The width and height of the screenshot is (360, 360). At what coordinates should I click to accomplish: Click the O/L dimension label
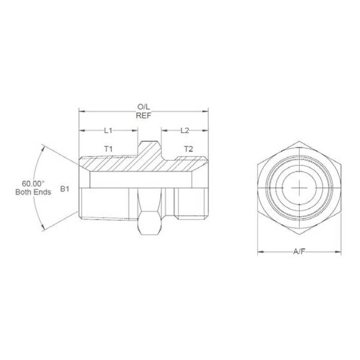[142, 106]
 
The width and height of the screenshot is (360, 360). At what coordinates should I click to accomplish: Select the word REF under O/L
[142, 115]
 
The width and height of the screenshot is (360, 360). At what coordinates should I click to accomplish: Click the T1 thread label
[108, 149]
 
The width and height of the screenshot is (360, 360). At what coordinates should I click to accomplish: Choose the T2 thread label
[188, 149]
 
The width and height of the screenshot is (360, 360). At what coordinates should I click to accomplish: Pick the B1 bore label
[64, 189]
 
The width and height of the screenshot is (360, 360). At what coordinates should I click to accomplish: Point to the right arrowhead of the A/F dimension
[339, 252]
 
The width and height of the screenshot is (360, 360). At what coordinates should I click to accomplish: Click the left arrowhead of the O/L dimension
[80, 111]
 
